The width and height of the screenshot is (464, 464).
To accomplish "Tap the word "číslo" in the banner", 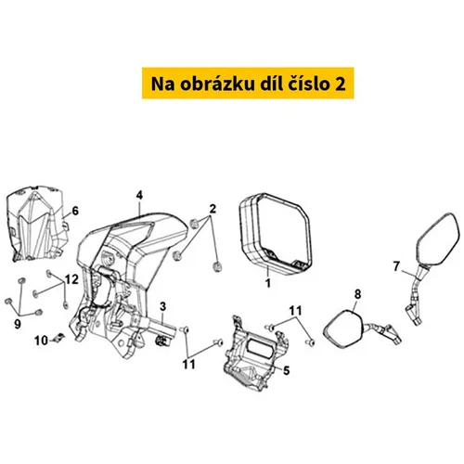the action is pyautogui.click(x=307, y=84).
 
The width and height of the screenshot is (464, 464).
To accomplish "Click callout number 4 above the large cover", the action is pyautogui.click(x=139, y=195).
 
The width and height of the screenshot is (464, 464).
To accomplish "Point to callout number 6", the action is pyautogui.click(x=75, y=211).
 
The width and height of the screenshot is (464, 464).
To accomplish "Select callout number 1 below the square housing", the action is pyautogui.click(x=268, y=283).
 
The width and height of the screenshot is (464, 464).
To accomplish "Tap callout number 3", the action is pyautogui.click(x=163, y=306).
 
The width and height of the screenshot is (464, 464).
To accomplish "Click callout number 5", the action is pyautogui.click(x=287, y=370).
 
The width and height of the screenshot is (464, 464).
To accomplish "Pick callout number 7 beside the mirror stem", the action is pyautogui.click(x=397, y=266).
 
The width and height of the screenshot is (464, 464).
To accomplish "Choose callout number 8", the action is pyautogui.click(x=357, y=294).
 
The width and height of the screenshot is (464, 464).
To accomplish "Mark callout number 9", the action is pyautogui.click(x=18, y=324).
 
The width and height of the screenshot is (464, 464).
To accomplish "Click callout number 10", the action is pyautogui.click(x=41, y=341).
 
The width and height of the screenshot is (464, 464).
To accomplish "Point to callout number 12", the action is pyautogui.click(x=71, y=279).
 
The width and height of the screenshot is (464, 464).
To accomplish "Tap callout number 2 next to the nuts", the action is pyautogui.click(x=213, y=209).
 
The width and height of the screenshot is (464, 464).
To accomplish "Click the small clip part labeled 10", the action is pyautogui.click(x=58, y=338).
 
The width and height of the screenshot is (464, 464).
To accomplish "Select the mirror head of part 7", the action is pyautogui.click(x=438, y=239).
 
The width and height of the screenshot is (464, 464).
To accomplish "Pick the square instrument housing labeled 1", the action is pyautogui.click(x=276, y=234).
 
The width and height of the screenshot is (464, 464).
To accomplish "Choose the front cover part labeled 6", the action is pyautogui.click(x=37, y=224).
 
